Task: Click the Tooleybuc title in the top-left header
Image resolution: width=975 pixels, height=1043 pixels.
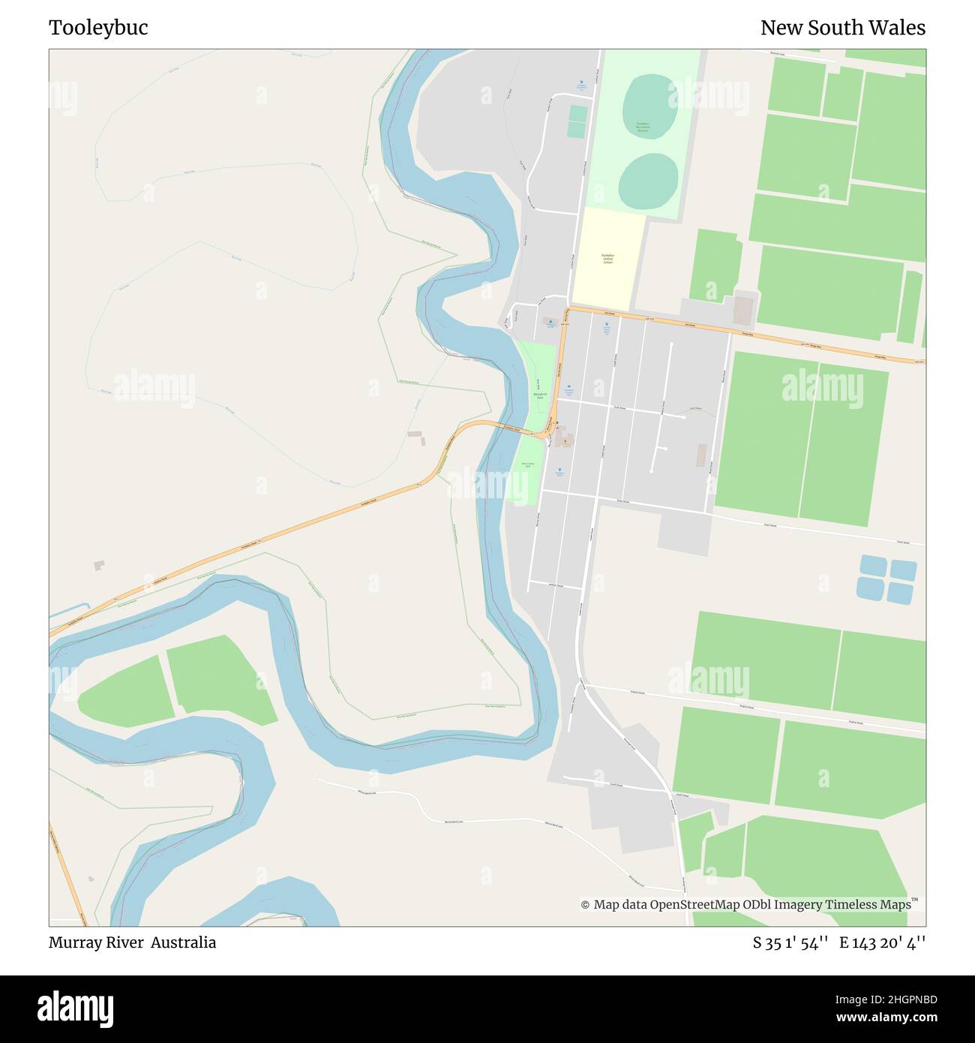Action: click(x=98, y=28)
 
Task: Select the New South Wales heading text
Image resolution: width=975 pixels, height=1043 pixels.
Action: click(x=842, y=28)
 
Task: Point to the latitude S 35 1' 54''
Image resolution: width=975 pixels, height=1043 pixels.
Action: click(x=790, y=942)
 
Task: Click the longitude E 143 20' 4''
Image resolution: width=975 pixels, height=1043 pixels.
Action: click(x=882, y=942)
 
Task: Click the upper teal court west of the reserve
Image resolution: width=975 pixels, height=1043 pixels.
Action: click(x=577, y=113)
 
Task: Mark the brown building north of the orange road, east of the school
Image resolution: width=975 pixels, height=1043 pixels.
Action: click(x=742, y=310)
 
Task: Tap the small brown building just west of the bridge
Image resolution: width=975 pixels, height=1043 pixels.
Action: click(x=415, y=434)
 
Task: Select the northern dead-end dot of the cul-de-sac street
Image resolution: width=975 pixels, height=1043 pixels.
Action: click(x=670, y=344)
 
